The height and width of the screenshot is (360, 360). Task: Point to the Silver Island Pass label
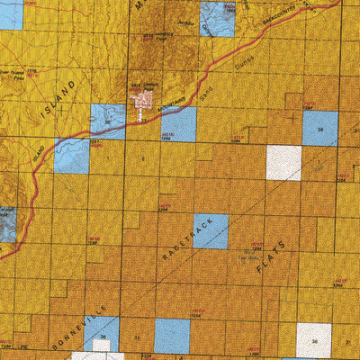11,71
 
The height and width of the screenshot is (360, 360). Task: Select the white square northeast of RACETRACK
283,162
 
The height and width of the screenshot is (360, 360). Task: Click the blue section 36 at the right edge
319,128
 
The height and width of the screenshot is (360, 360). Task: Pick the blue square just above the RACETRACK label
211,231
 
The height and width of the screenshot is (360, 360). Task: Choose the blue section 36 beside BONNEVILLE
101,334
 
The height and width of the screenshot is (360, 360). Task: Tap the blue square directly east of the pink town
178,124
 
